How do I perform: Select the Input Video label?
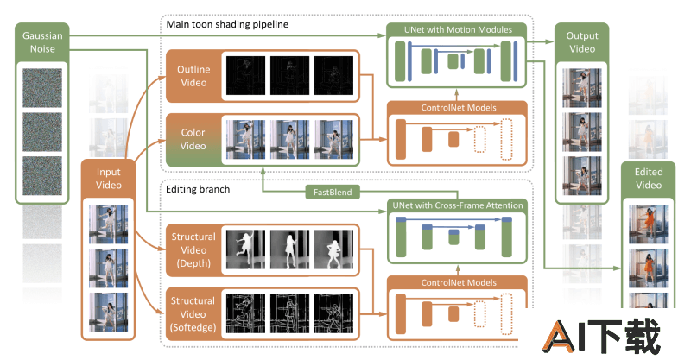(107, 179)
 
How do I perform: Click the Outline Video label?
(193, 75)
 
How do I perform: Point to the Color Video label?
(193, 139)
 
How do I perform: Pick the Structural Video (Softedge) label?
(193, 311)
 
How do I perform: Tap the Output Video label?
(581, 43)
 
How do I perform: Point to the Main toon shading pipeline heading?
(227, 24)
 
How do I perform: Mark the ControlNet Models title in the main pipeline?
(457, 110)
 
